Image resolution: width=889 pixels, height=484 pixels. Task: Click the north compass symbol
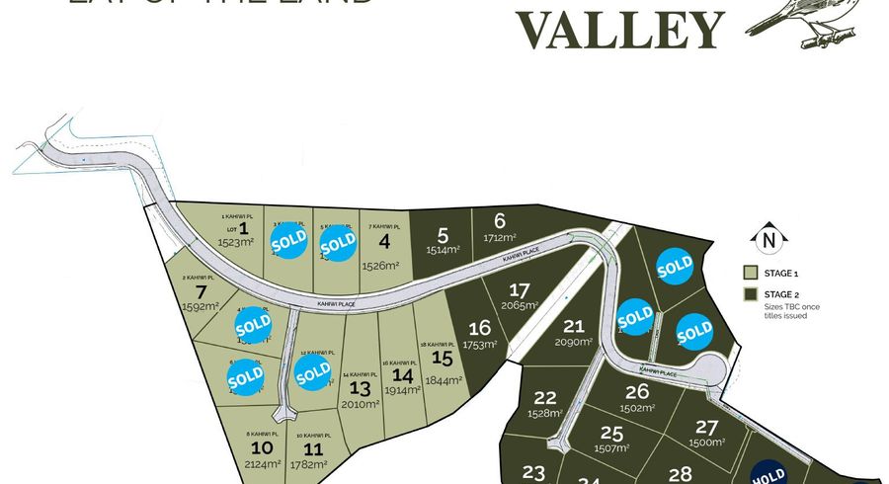768,238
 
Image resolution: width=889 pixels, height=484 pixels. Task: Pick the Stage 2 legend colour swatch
750,294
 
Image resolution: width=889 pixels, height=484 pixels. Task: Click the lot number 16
480,328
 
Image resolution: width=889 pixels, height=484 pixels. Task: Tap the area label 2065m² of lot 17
518,306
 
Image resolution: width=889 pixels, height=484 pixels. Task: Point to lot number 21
574,326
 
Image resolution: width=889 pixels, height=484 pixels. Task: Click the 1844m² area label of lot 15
444,380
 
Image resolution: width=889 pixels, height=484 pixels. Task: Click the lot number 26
637,391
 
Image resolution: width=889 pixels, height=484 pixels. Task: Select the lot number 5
443,235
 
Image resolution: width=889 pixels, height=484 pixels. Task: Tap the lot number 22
544,397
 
